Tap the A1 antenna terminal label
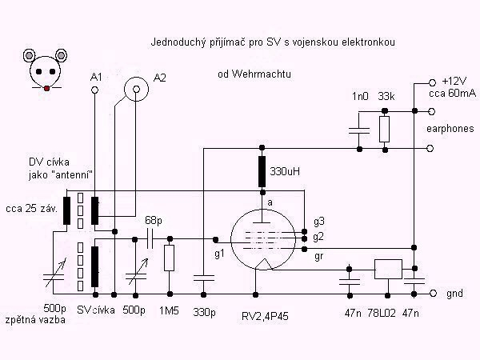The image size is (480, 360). pos(97,77)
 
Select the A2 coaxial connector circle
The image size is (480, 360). pos(137,93)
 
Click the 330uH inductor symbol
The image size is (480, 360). pos(262,171)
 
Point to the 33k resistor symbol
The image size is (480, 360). pos(386,128)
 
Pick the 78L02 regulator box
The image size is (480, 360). pos(388,270)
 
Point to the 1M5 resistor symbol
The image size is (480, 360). pos(169,258)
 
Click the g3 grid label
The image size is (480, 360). pos(319,220)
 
